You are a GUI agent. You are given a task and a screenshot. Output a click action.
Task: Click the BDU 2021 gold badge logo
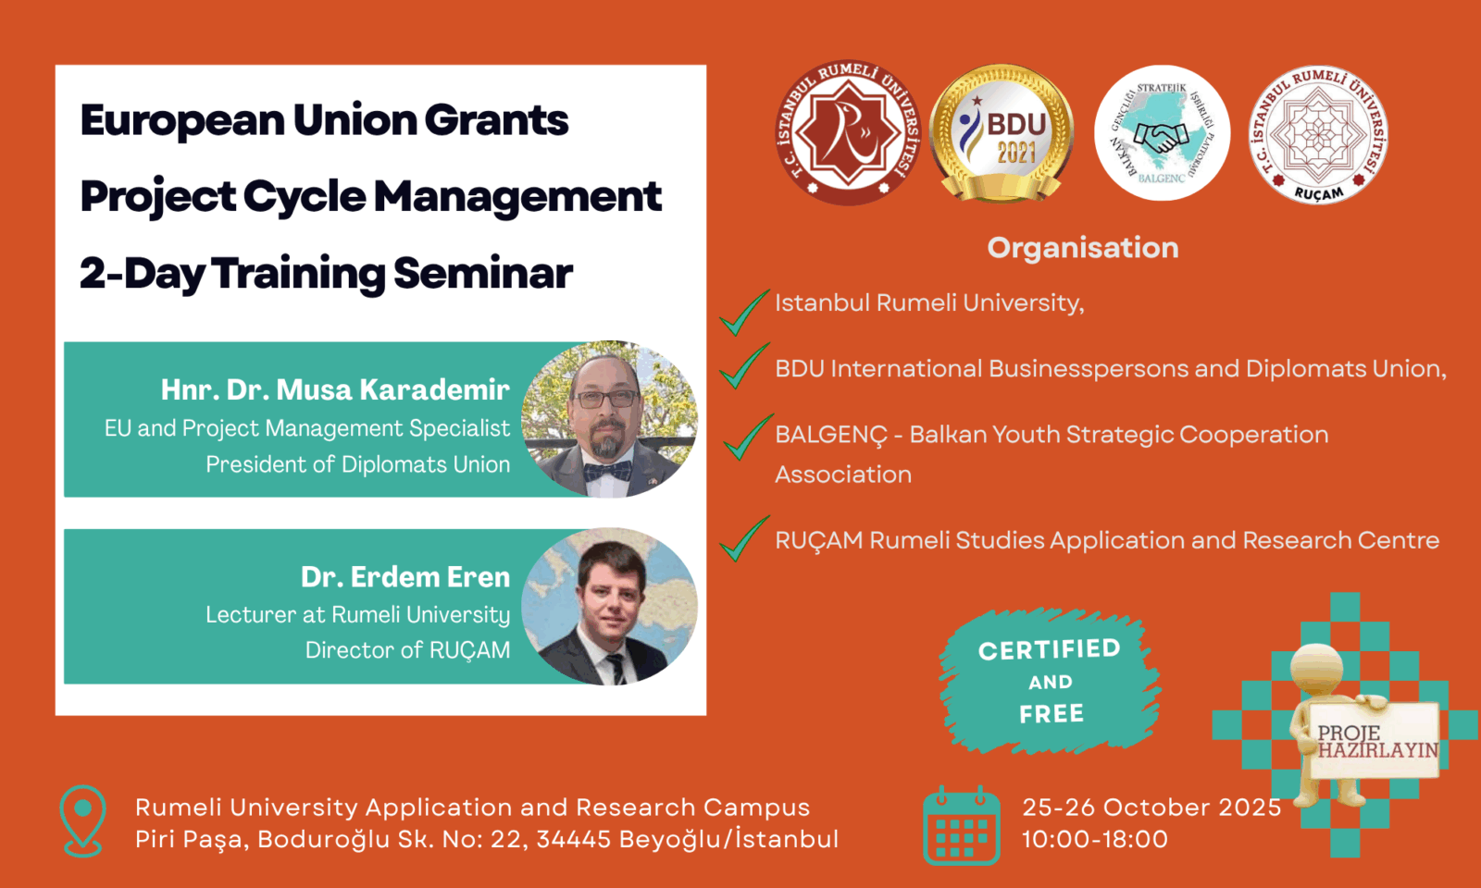click(x=1001, y=133)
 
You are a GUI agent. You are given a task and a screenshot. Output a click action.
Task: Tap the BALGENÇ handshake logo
click(x=1162, y=133)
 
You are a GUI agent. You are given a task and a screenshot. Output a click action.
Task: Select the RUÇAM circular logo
click(x=1318, y=135)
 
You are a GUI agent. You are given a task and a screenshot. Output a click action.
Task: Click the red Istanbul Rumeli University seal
click(x=848, y=133)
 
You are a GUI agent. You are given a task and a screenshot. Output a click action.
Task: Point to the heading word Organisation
click(x=1083, y=248)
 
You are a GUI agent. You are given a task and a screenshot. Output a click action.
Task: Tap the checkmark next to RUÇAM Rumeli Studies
click(x=744, y=538)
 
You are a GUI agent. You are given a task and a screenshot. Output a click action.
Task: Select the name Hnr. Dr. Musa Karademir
click(x=335, y=389)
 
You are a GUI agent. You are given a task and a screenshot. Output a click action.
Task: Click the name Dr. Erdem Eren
click(x=405, y=577)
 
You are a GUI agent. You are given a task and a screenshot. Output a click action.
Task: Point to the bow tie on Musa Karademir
click(x=607, y=471)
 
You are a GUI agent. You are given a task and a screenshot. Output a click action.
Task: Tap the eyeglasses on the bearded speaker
click(x=605, y=399)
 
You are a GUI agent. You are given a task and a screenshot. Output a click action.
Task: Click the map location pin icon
click(x=82, y=820)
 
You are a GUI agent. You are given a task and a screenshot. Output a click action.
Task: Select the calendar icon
click(x=962, y=825)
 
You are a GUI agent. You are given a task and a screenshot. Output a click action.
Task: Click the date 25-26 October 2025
click(x=1151, y=807)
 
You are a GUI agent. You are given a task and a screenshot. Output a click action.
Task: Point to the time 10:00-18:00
click(x=1095, y=839)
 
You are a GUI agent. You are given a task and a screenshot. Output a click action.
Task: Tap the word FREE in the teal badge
click(x=1052, y=713)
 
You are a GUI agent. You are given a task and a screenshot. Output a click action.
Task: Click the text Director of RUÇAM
click(x=407, y=650)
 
